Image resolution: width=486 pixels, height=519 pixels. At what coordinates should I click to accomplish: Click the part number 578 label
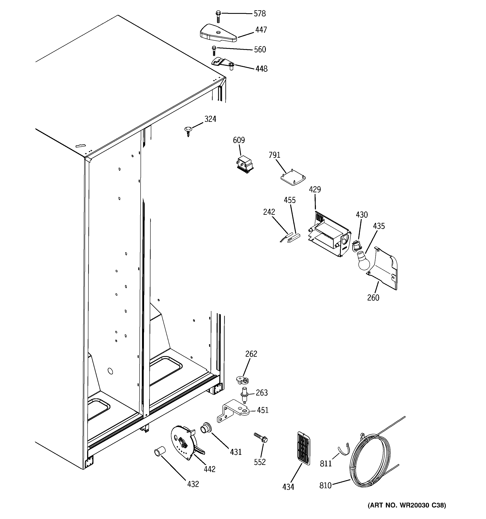point(260,14)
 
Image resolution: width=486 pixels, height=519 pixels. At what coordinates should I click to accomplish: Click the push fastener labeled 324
point(188,130)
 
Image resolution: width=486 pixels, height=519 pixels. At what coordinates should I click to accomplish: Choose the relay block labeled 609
point(244,165)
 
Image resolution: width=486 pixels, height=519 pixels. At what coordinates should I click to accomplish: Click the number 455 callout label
point(290,200)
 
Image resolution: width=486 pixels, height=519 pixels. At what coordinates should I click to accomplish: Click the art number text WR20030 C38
point(407,505)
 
